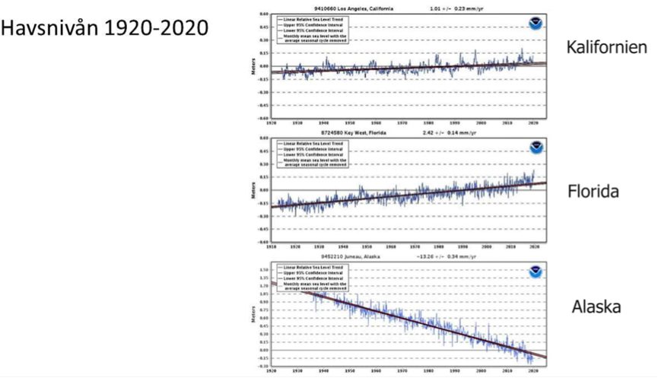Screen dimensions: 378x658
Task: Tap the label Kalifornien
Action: (606, 47)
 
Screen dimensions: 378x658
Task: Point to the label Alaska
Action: (597, 307)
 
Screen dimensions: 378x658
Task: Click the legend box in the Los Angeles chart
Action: (309, 27)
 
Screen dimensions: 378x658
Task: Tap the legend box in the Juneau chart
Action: (309, 278)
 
